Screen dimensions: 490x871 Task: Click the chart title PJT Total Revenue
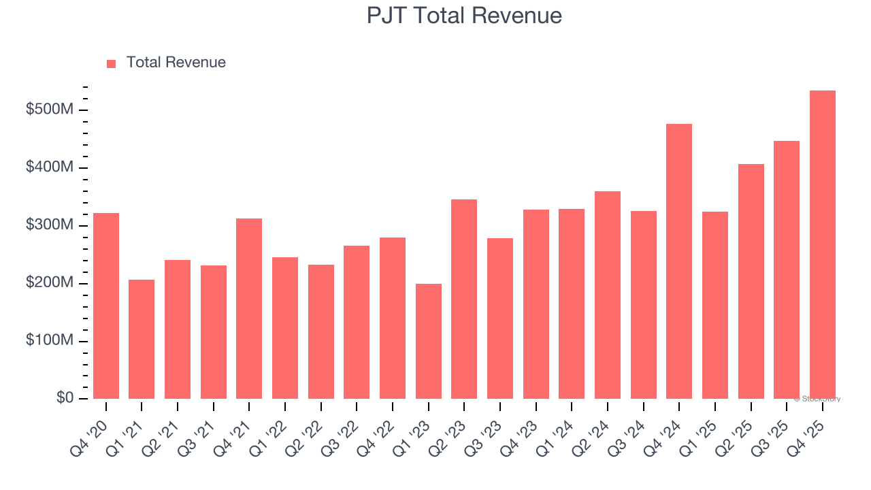coord(464,16)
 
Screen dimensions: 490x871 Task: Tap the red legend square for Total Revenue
coord(112,63)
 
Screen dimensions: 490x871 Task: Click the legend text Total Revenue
coord(176,63)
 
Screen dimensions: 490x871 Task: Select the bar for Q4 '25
coord(822,245)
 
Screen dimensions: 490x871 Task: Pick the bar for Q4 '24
coord(679,261)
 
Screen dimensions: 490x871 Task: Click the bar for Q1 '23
coord(428,341)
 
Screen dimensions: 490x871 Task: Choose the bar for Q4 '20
coord(106,306)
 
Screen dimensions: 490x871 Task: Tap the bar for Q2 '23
coord(464,299)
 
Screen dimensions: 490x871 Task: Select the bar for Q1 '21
coord(142,339)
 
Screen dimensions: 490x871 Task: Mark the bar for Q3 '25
coord(787,269)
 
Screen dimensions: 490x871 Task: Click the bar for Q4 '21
coord(249,308)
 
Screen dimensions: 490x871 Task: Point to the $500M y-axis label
coord(48,110)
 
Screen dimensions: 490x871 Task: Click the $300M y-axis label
coord(48,225)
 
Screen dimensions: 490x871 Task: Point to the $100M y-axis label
coord(48,340)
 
